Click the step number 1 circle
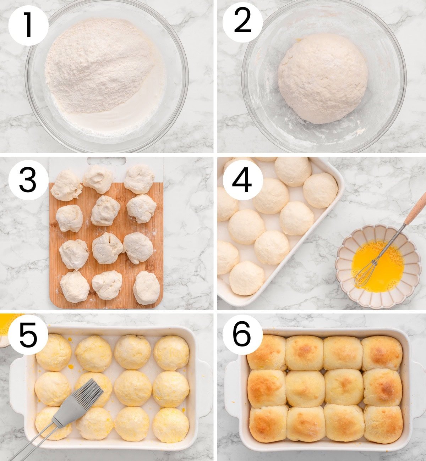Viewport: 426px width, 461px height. tap(28, 26)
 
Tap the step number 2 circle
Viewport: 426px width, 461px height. tap(242, 22)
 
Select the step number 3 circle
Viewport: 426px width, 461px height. tap(28, 180)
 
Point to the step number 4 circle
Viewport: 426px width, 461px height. tap(242, 180)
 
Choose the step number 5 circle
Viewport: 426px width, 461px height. tap(28, 335)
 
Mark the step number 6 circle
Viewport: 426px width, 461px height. tap(242, 335)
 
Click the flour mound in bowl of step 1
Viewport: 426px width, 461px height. tap(99, 64)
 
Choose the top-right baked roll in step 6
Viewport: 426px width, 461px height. tap(382, 353)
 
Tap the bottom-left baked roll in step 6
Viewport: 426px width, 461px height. tap(268, 424)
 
